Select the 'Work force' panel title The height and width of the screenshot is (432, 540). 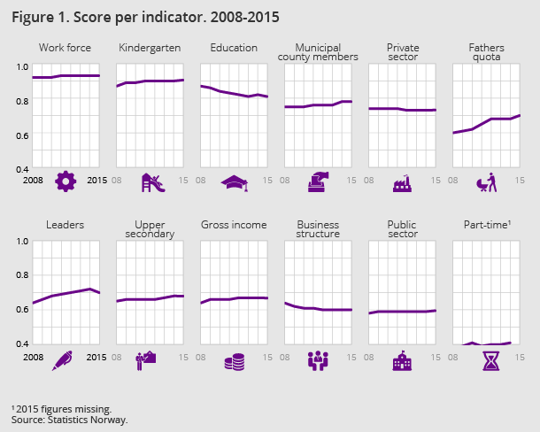(66, 48)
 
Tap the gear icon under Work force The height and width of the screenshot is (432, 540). (66, 182)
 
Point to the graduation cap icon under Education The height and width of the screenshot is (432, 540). (235, 183)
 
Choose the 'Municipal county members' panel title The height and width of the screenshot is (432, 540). (318, 52)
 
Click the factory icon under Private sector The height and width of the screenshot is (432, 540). (402, 183)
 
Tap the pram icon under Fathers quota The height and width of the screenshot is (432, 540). (486, 182)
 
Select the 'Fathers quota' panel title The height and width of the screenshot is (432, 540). (486, 52)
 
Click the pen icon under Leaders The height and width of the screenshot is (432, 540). (65, 359)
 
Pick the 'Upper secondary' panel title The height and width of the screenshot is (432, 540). (150, 229)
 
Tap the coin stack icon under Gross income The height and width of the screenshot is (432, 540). (235, 361)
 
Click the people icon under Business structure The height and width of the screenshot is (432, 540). (318, 360)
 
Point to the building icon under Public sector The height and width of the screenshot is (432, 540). (402, 360)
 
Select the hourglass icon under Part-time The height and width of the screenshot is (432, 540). (486, 360)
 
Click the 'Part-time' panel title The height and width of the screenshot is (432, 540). (487, 225)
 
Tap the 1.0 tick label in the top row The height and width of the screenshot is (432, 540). (23, 67)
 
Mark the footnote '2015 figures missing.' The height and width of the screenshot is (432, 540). (62, 409)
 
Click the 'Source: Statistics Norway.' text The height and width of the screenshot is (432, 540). (70, 420)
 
